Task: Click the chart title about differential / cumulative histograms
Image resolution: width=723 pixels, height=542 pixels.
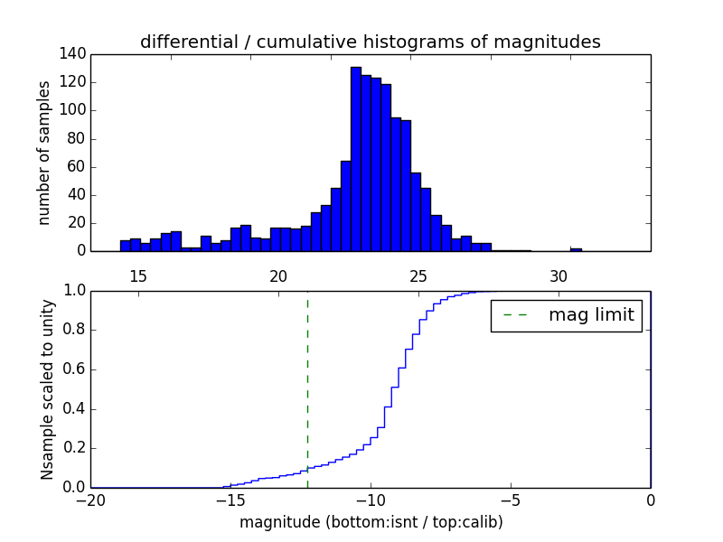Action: coord(370,42)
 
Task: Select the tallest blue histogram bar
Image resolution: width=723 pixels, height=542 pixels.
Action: coord(356,159)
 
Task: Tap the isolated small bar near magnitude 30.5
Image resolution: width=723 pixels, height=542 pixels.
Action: coord(576,248)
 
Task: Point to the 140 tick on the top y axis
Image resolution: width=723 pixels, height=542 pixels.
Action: coord(74,54)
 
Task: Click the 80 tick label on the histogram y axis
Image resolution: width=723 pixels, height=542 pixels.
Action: coord(78,138)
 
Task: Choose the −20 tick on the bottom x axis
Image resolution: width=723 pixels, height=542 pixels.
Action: coord(89,500)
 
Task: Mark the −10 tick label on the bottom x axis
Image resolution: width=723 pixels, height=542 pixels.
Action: coord(370,500)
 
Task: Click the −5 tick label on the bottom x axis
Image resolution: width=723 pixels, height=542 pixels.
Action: coord(510,500)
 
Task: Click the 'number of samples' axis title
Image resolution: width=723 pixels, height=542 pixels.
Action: coord(44,153)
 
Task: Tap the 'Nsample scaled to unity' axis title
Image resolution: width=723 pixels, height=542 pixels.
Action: coord(48,389)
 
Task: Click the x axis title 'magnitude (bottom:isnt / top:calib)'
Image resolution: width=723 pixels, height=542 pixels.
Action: coord(371,522)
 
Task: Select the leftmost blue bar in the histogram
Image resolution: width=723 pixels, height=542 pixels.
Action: coord(125,246)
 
